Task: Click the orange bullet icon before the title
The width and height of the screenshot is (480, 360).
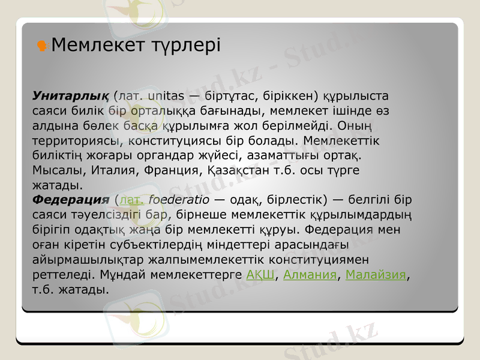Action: pos(43,45)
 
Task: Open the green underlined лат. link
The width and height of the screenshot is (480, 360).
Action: pos(132,200)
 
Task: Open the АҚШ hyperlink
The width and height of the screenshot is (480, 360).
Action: pos(260,275)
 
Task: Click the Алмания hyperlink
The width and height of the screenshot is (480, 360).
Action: pos(310,275)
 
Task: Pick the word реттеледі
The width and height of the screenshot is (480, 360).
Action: pos(61,275)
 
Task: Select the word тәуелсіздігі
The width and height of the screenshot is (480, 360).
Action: pos(109,215)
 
